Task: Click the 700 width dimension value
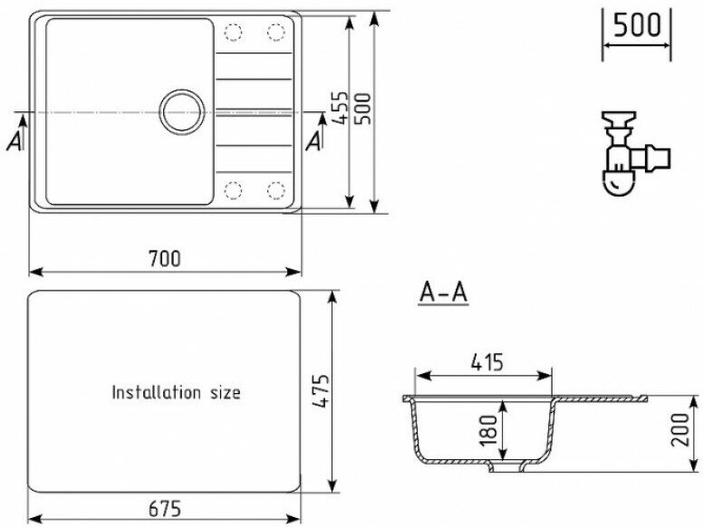tap(165, 259)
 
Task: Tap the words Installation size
tap(176, 393)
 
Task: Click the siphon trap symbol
tap(629, 153)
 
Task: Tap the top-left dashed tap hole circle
tap(235, 33)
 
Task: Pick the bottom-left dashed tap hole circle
tap(235, 189)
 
